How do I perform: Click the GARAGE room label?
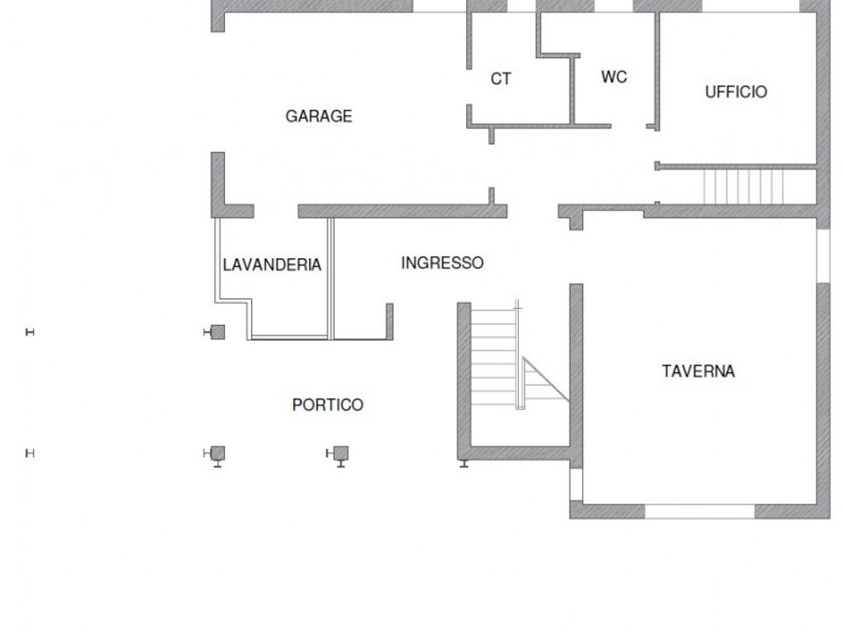[319, 116]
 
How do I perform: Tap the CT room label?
[501, 79]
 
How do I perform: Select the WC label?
[614, 77]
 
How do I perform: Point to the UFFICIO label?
[736, 92]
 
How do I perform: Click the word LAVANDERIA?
[272, 264]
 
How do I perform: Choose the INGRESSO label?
[443, 262]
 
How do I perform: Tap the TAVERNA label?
[698, 371]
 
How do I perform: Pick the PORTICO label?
[328, 405]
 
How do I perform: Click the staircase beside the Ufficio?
[744, 187]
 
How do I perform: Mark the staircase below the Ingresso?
[494, 357]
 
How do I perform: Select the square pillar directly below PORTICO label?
[341, 454]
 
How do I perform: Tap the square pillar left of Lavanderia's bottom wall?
[218, 332]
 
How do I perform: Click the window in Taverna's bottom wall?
[700, 511]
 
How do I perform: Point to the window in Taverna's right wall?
[823, 255]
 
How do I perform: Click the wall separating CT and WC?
[573, 90]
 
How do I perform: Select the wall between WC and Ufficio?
[657, 71]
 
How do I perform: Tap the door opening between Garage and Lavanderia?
[276, 212]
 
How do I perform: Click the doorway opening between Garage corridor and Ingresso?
[533, 212]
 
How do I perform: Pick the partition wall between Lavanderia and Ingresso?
[331, 278]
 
